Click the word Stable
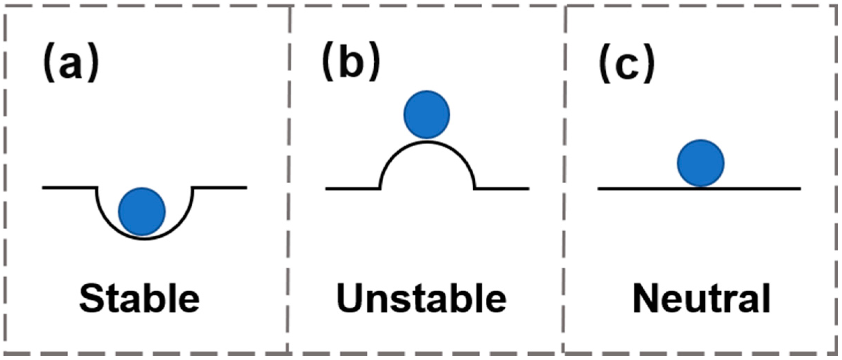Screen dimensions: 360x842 pyautogui.click(x=139, y=299)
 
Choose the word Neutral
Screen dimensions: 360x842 pyautogui.click(x=701, y=299)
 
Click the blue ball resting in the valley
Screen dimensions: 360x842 pyautogui.click(x=142, y=212)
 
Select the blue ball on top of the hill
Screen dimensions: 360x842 pyautogui.click(x=427, y=115)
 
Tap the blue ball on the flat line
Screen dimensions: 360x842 pyautogui.click(x=701, y=163)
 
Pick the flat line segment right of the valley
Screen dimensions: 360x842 pyautogui.click(x=220, y=187)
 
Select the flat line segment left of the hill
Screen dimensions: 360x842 pyautogui.click(x=352, y=189)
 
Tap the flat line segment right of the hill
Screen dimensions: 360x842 pyautogui.click(x=502, y=189)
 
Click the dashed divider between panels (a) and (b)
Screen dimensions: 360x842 pyautogui.click(x=289, y=174)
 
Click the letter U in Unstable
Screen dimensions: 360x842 pyautogui.click(x=350, y=298)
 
